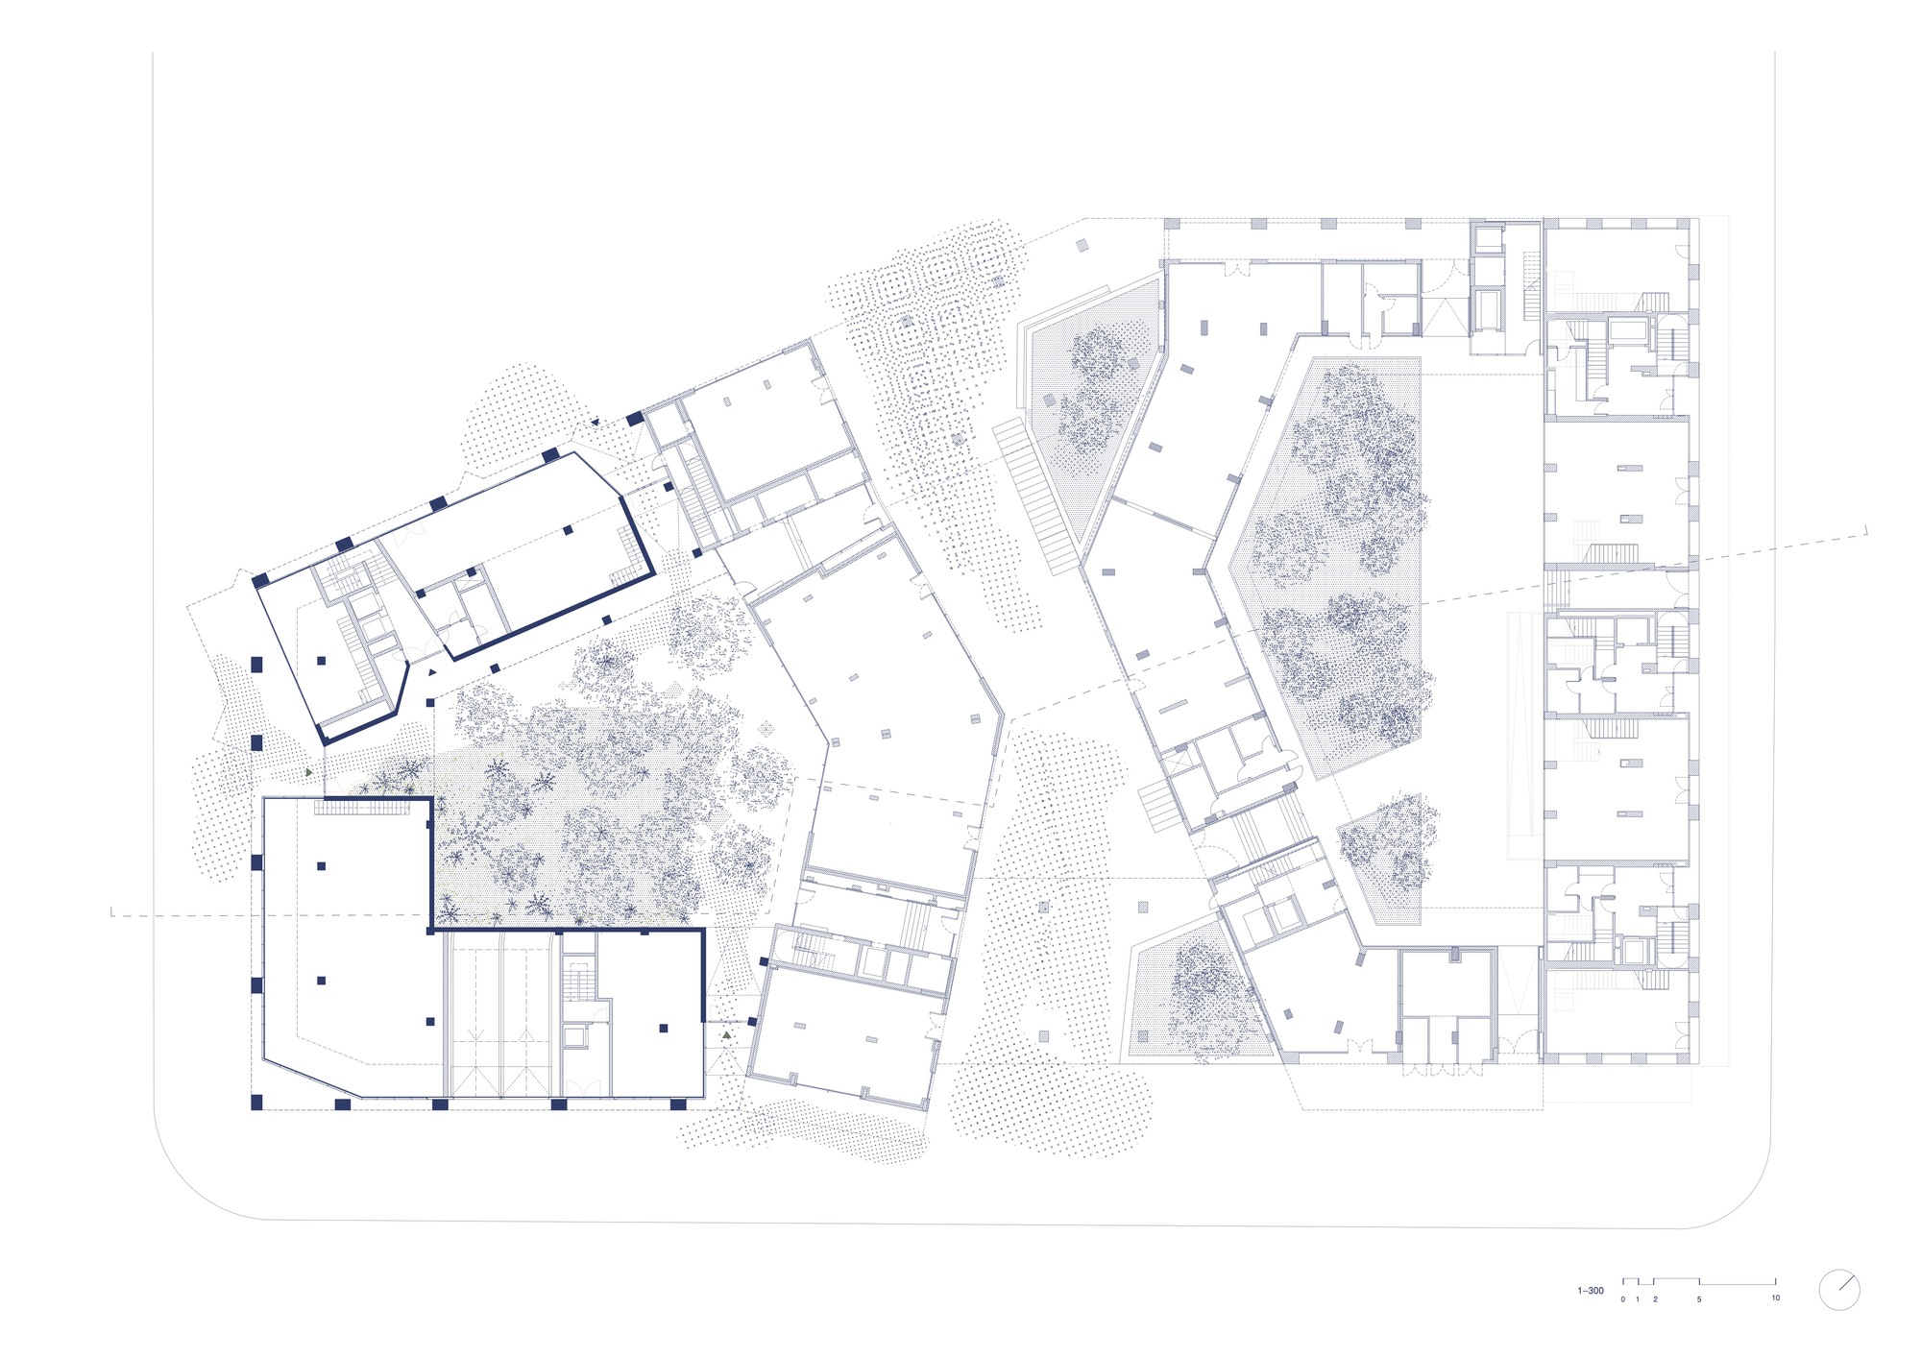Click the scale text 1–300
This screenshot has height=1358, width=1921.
(x=1591, y=1291)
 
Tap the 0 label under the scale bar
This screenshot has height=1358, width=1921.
(x=1623, y=1299)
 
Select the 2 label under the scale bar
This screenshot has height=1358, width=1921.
(x=1655, y=1299)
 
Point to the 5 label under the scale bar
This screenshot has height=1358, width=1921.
(x=1699, y=1299)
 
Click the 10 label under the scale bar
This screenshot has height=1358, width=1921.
(x=1775, y=1297)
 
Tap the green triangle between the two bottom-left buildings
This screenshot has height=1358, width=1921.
(x=727, y=1035)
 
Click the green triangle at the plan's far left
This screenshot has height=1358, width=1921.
(x=308, y=771)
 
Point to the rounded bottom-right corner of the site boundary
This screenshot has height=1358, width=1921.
(x=1743, y=1196)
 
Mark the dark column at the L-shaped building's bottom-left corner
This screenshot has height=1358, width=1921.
(x=256, y=1102)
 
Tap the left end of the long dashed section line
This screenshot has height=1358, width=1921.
(x=113, y=914)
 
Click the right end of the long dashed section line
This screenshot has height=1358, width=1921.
(x=1865, y=529)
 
